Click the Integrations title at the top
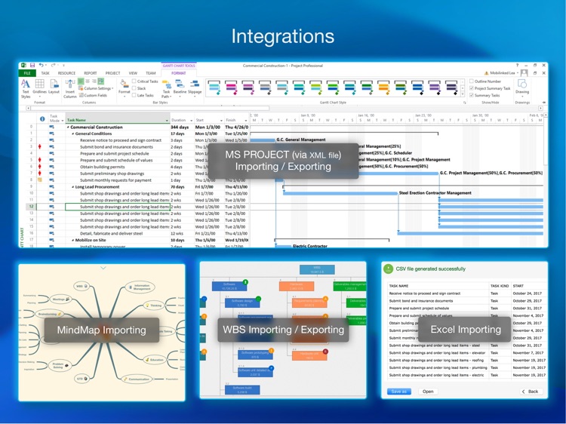point(282,35)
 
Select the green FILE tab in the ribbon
point(27,73)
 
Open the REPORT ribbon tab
point(90,73)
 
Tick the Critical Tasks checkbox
point(134,81)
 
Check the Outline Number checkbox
point(472,81)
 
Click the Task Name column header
point(76,120)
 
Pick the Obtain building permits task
point(106,167)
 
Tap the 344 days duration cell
point(180,128)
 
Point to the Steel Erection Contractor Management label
point(435,192)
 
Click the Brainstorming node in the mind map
point(48,314)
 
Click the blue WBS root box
point(316,269)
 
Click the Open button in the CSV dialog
point(428,392)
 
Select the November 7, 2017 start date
point(528,352)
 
